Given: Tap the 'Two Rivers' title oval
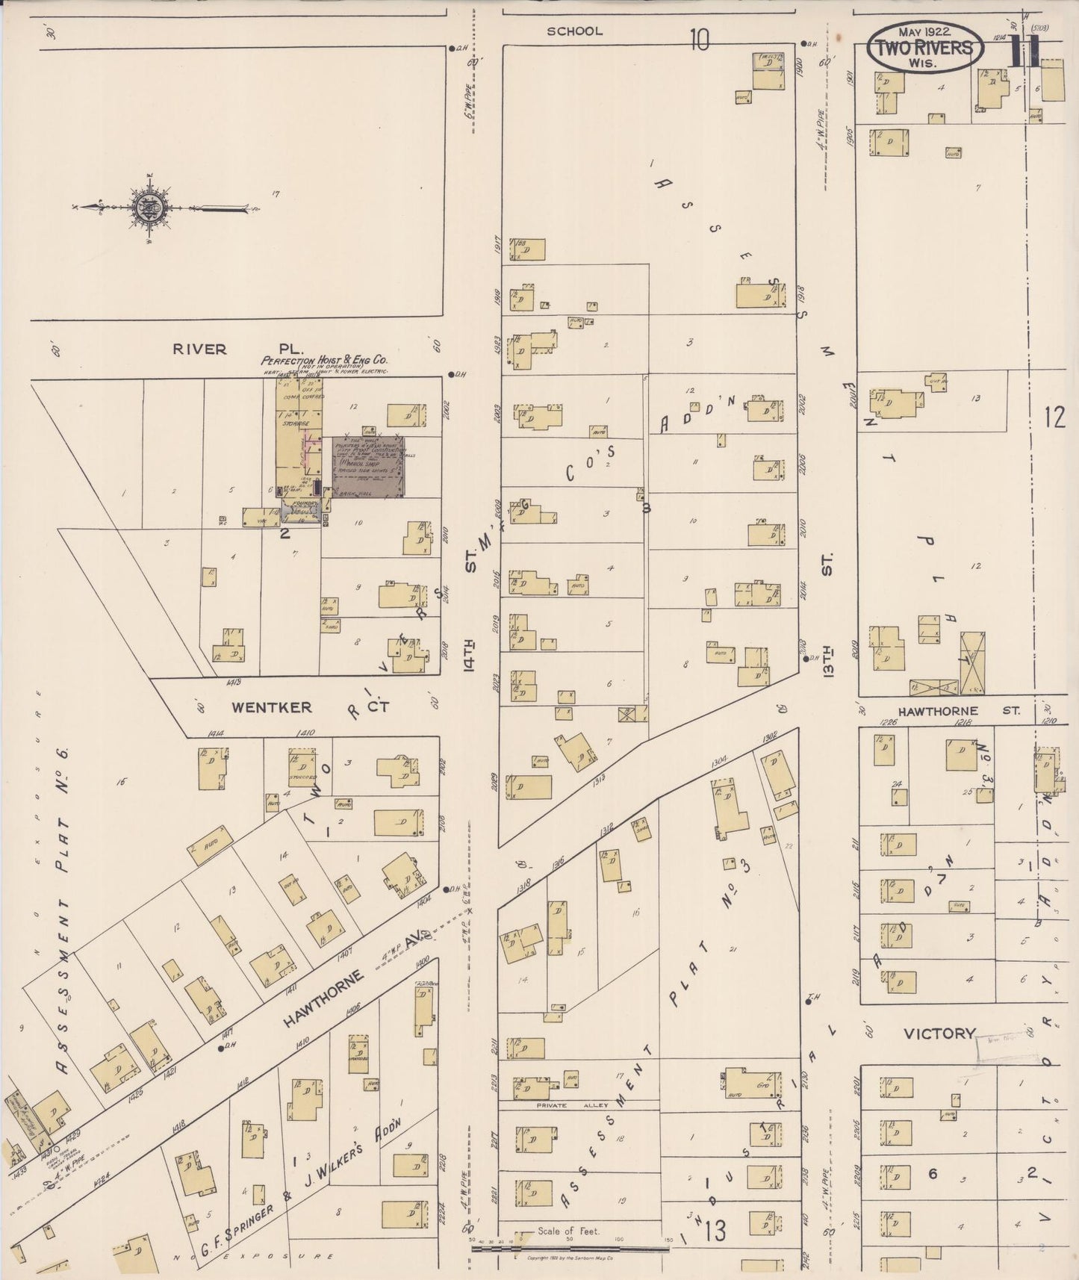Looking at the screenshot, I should pos(925,47).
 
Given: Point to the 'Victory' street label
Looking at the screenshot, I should pos(939,1034).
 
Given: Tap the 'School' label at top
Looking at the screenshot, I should pos(573,31).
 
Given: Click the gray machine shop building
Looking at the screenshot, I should pos(367,467).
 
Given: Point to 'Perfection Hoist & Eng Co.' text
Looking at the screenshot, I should pos(324,360).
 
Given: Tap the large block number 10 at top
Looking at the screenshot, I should pos(699,40).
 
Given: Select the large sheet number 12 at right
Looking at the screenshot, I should pos(1054,418).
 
